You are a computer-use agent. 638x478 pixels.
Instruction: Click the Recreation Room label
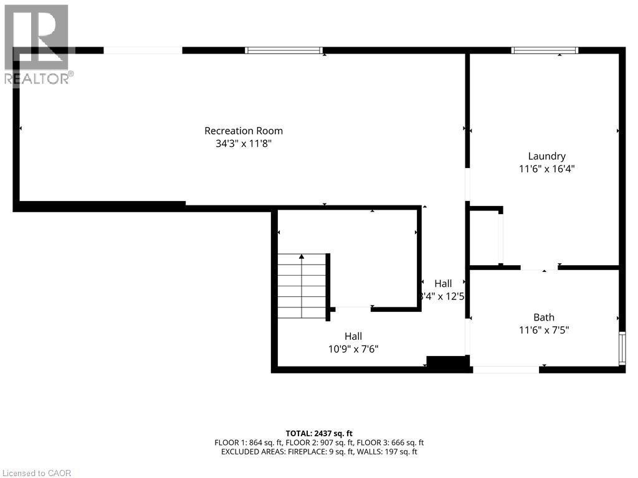(x=244, y=131)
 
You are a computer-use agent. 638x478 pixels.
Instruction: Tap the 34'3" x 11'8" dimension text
(x=244, y=144)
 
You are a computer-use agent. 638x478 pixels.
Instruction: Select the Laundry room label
(x=546, y=156)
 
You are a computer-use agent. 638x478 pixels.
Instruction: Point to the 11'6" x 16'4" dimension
(x=546, y=169)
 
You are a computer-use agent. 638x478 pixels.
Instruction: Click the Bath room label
(x=543, y=317)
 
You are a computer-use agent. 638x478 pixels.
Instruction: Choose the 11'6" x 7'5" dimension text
(x=543, y=330)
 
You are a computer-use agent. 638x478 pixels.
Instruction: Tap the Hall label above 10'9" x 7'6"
(x=353, y=336)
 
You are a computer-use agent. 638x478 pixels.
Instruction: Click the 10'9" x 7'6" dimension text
(x=353, y=349)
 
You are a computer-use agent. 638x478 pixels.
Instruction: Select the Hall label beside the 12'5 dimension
(x=443, y=284)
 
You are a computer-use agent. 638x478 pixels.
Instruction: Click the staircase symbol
(x=302, y=286)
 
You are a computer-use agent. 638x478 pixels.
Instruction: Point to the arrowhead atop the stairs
(x=302, y=256)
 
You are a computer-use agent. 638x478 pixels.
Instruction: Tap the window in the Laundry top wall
(x=545, y=50)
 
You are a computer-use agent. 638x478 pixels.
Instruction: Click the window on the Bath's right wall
(x=621, y=349)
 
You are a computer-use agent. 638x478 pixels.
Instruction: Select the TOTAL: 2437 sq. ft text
(x=319, y=433)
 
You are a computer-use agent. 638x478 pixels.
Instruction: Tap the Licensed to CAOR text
(x=36, y=473)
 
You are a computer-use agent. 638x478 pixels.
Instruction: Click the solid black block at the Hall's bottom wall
(x=447, y=363)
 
